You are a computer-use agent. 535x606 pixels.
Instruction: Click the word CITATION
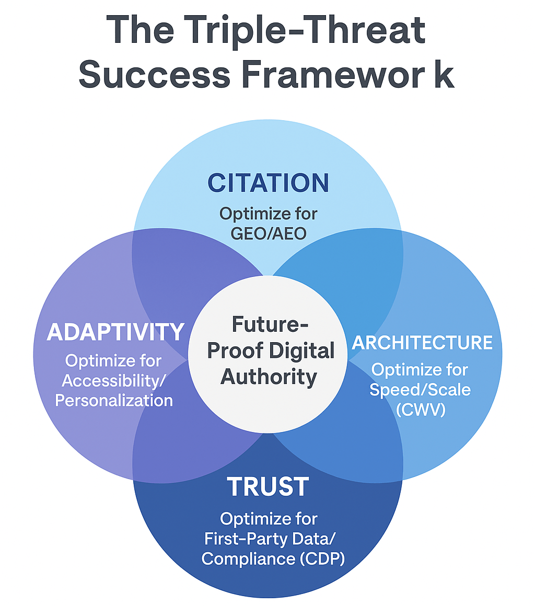268,182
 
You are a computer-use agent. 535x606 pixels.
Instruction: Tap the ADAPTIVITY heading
115,332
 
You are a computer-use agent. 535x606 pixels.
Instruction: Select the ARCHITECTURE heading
422,343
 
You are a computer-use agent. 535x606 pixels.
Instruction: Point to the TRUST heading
268,487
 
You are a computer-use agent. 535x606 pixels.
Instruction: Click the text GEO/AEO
268,232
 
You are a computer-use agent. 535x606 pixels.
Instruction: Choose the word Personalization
114,400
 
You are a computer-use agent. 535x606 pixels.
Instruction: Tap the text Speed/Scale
420,390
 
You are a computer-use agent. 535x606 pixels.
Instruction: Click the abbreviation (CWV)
421,410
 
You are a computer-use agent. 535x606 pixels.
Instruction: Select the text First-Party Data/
268,539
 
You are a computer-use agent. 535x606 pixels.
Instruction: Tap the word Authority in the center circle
268,376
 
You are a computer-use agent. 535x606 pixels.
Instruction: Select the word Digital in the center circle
302,351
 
